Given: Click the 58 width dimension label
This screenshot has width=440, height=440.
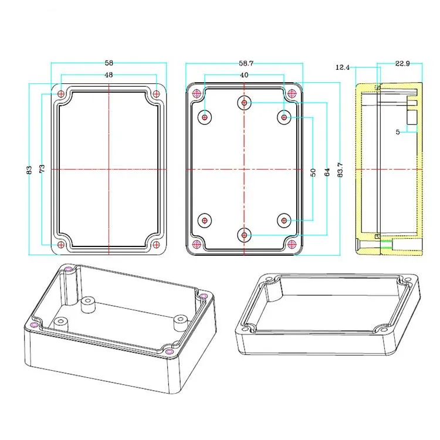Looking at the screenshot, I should (x=109, y=62).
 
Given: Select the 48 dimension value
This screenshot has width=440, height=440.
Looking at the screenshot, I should (x=109, y=75).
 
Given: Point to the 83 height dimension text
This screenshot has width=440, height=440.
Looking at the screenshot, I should (x=29, y=170).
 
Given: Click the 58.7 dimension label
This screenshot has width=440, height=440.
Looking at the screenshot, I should (x=245, y=62).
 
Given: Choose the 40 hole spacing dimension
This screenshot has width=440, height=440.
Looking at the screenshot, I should (x=244, y=75).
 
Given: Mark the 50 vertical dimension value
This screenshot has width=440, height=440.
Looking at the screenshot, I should (x=313, y=172).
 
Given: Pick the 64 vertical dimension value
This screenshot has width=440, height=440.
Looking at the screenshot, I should (x=327, y=172).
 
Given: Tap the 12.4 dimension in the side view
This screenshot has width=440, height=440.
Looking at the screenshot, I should (x=343, y=67).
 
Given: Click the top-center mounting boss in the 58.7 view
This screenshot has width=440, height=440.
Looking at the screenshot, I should (x=245, y=103).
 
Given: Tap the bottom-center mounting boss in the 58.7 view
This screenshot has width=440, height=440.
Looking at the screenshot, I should (x=245, y=235).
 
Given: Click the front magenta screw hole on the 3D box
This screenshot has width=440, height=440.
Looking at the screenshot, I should (x=170, y=351).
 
